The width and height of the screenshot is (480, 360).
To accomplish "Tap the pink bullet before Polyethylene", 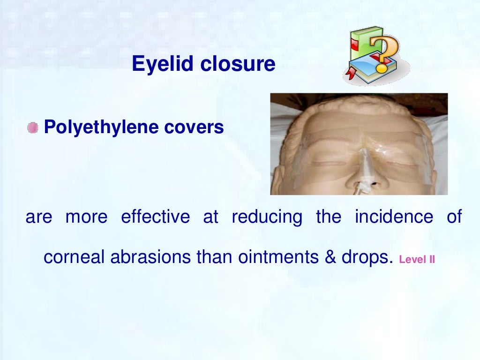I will [32, 127].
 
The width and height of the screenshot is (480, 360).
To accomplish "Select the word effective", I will [155, 217].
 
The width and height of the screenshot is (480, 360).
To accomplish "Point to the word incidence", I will [394, 217].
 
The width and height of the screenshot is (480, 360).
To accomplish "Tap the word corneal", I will [73, 257].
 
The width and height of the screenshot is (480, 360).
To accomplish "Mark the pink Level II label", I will [417, 259].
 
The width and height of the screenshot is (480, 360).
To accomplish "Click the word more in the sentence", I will [86, 217].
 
